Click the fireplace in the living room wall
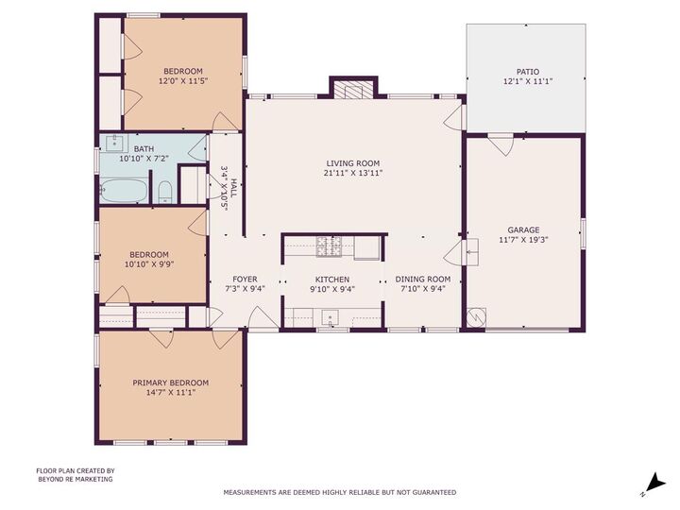353,90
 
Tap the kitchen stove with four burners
330,246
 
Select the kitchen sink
331,316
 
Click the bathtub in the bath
123,191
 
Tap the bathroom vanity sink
115,144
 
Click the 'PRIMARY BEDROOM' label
170,382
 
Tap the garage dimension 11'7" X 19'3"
523,240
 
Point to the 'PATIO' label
527,72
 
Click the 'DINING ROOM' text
422,280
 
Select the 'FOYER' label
245,280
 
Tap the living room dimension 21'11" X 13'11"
353,174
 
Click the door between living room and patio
456,117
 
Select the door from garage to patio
501,144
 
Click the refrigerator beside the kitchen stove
367,247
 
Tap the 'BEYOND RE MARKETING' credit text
75,479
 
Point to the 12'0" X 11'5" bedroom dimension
182,81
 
